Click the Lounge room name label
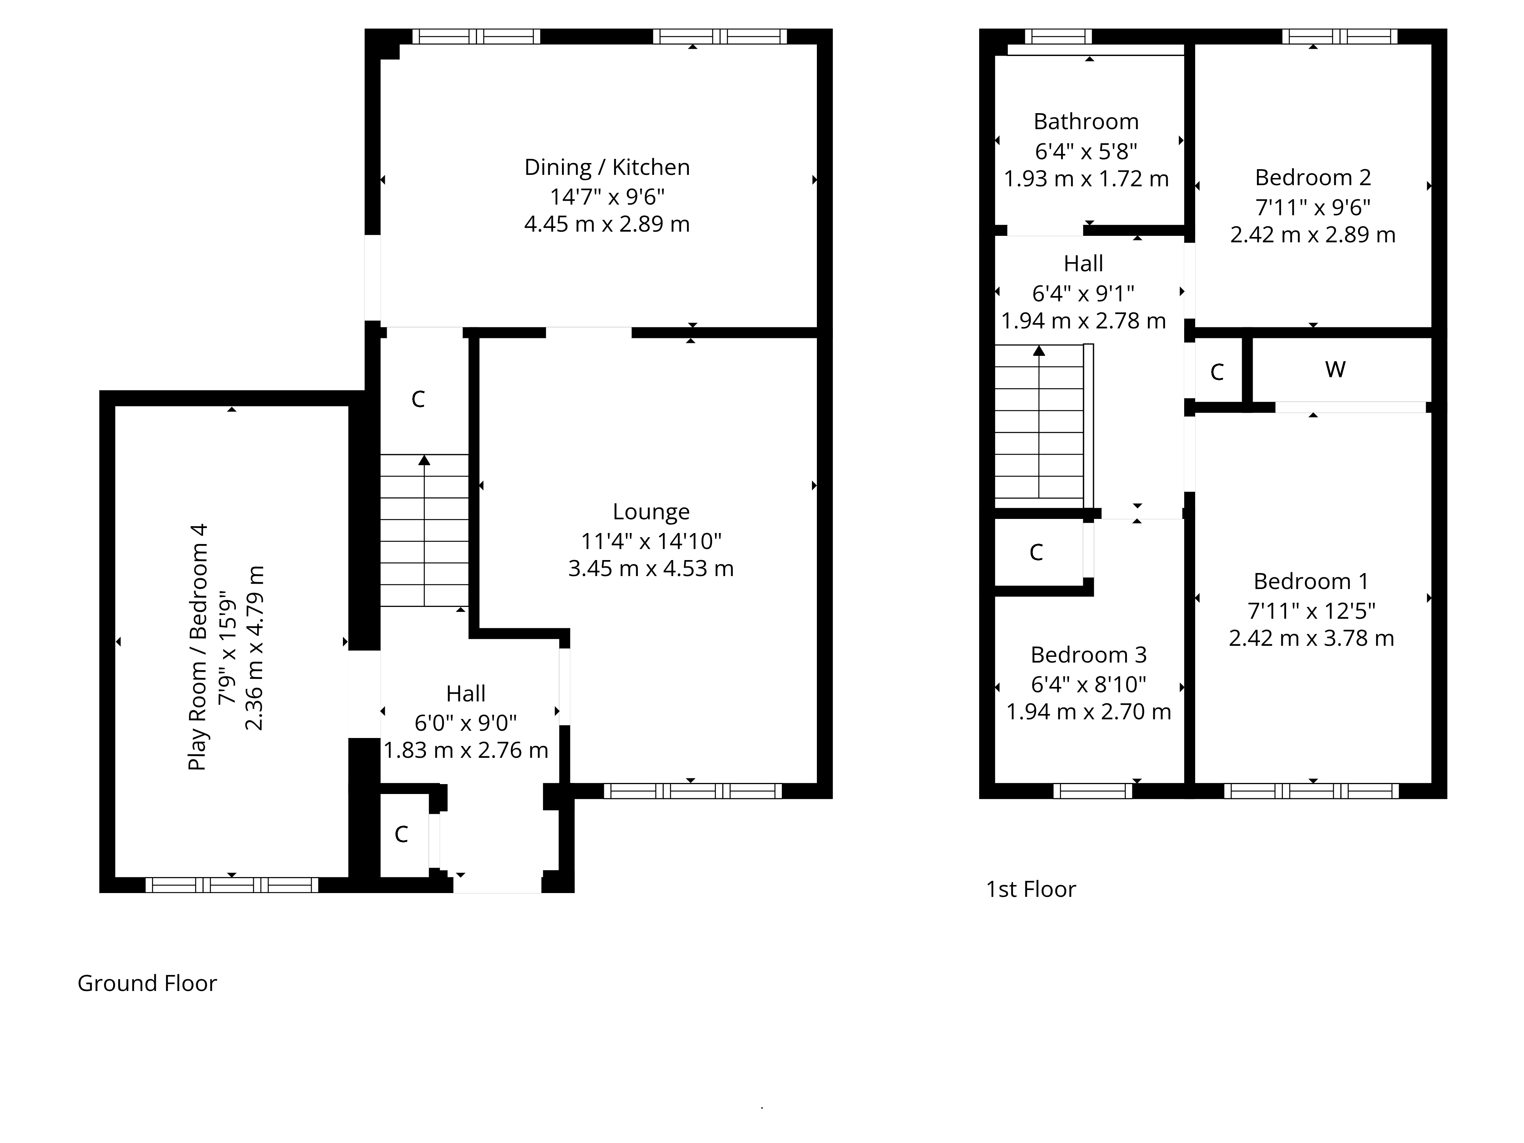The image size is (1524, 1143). click(x=651, y=512)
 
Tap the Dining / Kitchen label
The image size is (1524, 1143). click(x=607, y=167)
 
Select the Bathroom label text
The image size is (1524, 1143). click(x=1087, y=122)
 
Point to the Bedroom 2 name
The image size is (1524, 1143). click(x=1313, y=178)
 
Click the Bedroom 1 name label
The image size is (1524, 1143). click(x=1311, y=581)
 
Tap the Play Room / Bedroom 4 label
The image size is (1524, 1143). click(x=198, y=647)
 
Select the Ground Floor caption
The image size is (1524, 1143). click(x=147, y=983)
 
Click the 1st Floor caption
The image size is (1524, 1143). click(x=1031, y=890)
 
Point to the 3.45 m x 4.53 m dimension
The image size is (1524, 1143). click(x=651, y=568)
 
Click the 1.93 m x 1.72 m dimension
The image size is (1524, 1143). click(x=1087, y=179)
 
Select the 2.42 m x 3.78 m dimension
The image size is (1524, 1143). click(x=1311, y=638)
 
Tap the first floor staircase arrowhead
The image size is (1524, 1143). click(x=1039, y=351)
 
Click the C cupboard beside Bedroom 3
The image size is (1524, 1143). click(x=1036, y=552)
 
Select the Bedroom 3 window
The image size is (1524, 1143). click(x=1093, y=791)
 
